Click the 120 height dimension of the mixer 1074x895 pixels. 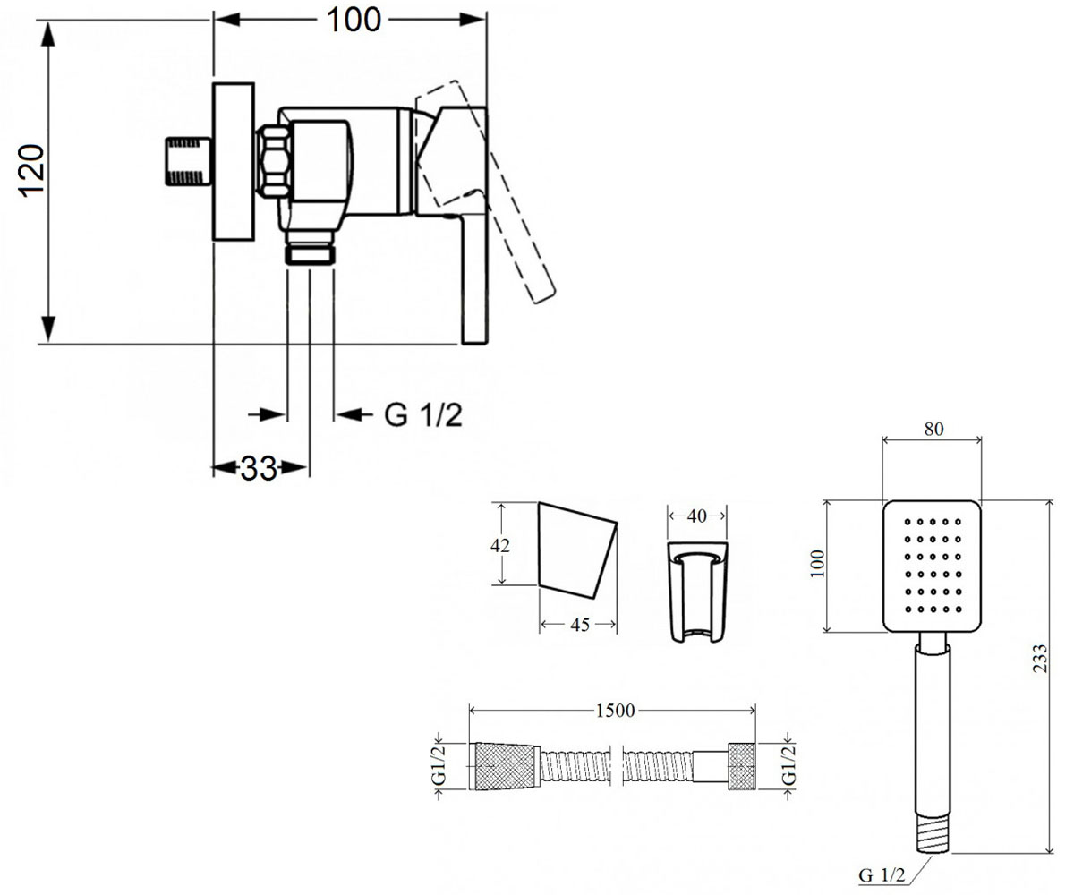30,171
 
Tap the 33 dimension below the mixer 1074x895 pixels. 259,468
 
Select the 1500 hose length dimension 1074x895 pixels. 615,711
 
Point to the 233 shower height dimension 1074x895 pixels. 1039,659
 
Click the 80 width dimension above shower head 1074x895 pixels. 933,429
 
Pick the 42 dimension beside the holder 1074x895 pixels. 500,545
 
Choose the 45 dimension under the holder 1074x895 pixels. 580,625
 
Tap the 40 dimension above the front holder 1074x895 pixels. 697,516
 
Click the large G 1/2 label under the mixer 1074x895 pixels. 423,415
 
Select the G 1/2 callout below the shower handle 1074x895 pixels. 882,875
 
